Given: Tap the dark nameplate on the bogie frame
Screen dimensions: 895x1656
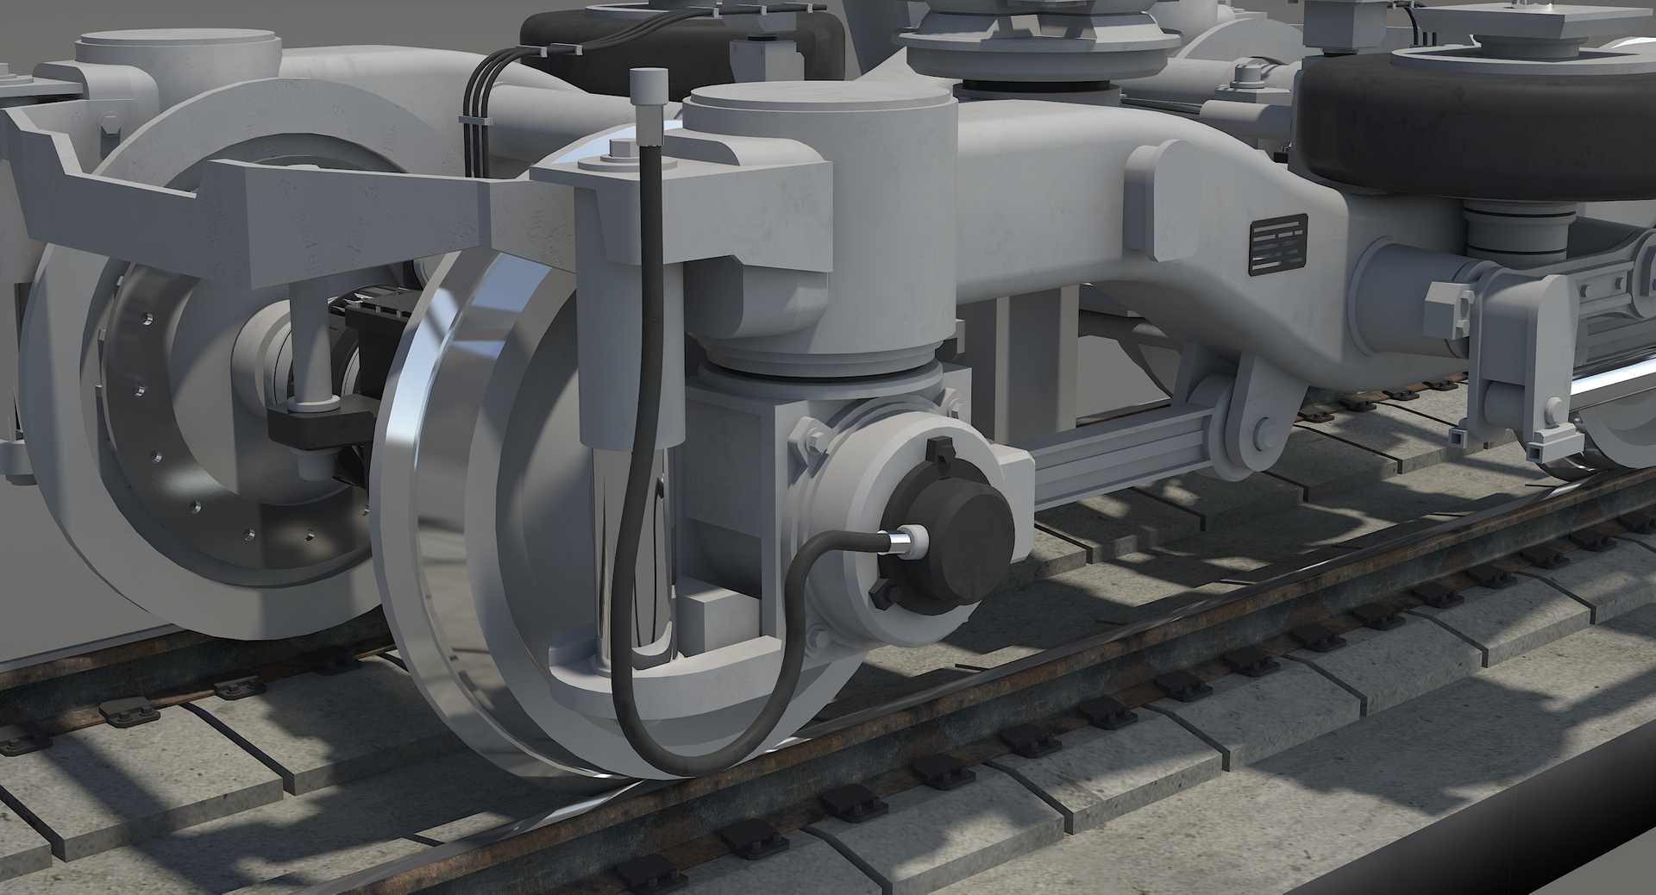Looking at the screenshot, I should pyautogui.click(x=1279, y=243).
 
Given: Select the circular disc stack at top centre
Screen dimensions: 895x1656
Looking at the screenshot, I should pyautogui.click(x=1035, y=39).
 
